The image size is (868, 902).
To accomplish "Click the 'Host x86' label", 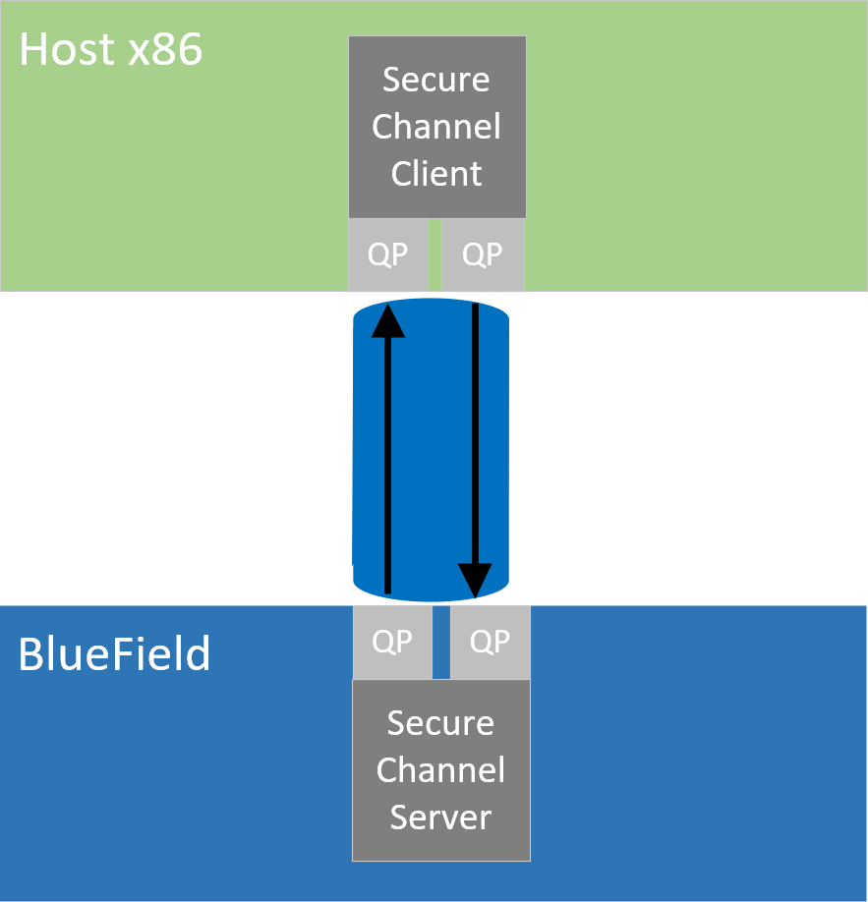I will [111, 50].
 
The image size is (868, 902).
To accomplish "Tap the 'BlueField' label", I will [114, 653].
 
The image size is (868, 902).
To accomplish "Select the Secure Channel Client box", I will [436, 127].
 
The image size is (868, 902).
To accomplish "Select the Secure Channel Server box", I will [440, 770].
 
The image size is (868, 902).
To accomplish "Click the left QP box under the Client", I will [387, 254].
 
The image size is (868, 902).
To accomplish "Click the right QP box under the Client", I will [483, 254].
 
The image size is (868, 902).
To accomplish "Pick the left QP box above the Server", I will [392, 642].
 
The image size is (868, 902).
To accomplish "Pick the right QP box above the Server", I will [490, 642].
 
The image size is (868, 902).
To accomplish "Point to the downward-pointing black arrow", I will [475, 442].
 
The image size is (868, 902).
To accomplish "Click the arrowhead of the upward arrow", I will [388, 319].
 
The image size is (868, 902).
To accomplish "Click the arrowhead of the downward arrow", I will [475, 581].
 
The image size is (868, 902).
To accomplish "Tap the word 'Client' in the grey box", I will [436, 174].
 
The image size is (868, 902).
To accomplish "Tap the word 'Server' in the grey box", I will [440, 817].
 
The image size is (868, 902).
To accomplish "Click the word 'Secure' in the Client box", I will [436, 80].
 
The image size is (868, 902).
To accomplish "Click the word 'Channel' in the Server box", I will [440, 770].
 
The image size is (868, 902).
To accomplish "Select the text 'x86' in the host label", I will [165, 50].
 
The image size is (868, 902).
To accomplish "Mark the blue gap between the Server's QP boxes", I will [440, 642].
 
